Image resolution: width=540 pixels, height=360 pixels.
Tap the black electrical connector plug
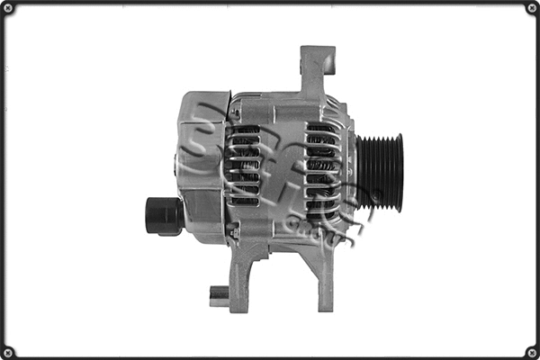163,214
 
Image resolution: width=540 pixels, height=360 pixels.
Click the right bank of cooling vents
322,171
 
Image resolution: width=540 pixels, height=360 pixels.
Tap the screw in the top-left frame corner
10,9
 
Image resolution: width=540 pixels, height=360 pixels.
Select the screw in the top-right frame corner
530,9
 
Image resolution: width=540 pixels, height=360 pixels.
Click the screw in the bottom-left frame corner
10,351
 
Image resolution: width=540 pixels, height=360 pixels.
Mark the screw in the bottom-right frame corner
530,351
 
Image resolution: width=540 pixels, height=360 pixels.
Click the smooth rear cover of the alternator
202,166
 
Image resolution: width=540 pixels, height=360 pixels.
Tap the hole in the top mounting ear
329,64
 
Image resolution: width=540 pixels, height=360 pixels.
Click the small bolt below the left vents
235,233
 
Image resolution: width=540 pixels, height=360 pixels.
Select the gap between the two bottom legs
279,279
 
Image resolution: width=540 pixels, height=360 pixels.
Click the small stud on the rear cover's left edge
175,164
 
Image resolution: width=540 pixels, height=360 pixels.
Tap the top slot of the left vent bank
243,130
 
